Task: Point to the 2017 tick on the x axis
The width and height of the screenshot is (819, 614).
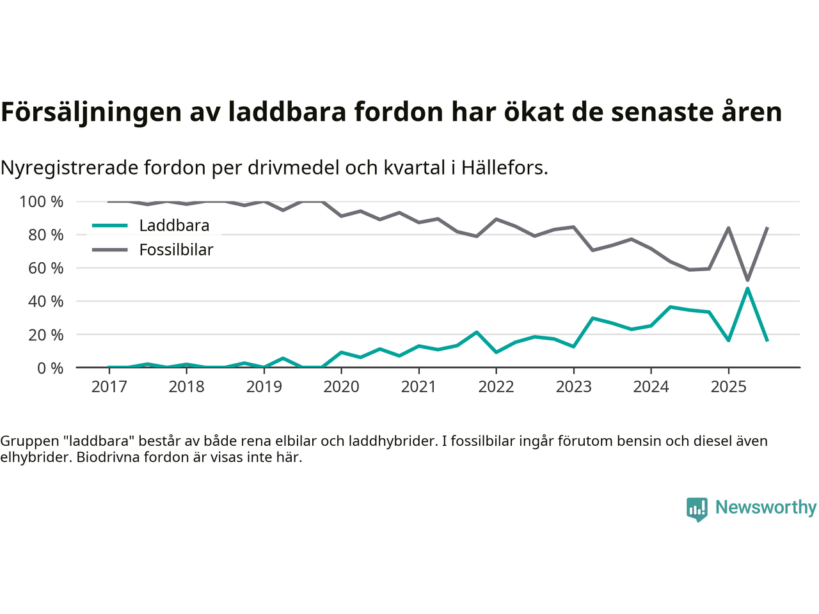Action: (x=109, y=386)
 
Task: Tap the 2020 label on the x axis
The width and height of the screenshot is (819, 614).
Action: (x=341, y=386)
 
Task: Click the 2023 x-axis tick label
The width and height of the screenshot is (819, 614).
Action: (x=573, y=386)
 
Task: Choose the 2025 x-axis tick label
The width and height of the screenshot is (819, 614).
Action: (x=728, y=386)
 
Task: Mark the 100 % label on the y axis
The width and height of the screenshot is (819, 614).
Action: (x=42, y=202)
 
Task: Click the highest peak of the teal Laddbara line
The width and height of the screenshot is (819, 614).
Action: (x=747, y=288)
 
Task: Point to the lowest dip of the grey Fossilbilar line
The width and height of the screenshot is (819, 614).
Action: (x=747, y=280)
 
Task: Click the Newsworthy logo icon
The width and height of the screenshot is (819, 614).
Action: (x=697, y=509)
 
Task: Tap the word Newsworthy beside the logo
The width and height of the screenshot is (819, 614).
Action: (x=766, y=507)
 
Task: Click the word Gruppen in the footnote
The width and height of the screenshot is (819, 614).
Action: (x=26, y=441)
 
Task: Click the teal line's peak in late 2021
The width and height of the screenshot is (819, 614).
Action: (x=476, y=332)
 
